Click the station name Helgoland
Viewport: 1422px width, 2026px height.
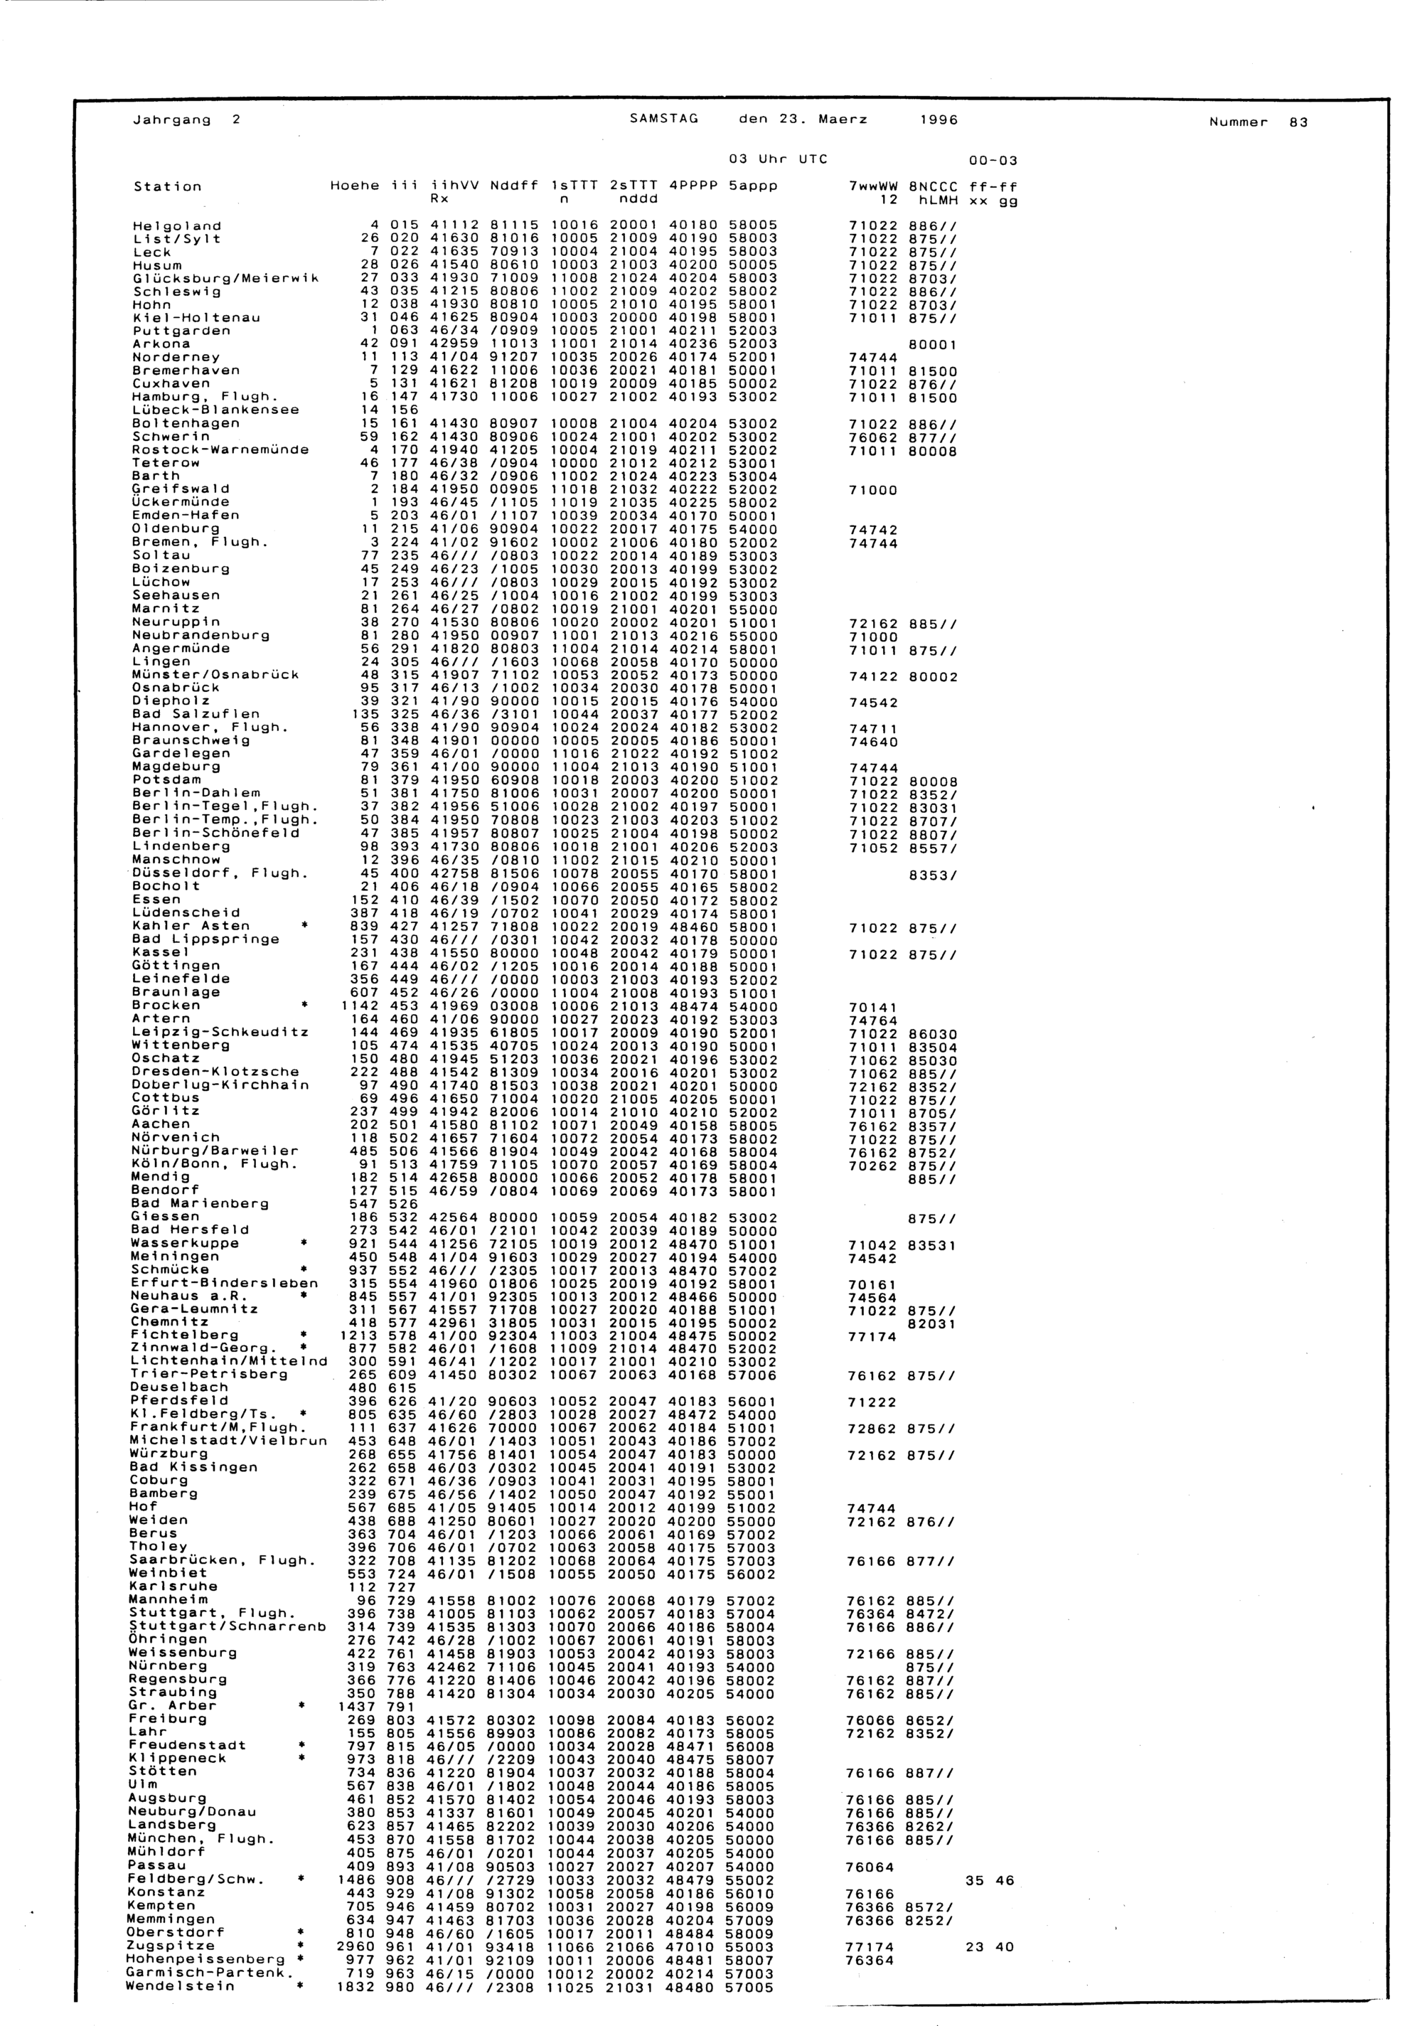(176, 226)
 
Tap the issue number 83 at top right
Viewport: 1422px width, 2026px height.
(1298, 122)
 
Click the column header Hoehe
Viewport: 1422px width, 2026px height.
(355, 186)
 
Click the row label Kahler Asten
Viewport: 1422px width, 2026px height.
(191, 926)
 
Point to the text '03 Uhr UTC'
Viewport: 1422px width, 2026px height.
(777, 160)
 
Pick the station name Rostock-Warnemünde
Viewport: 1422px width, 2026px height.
(220, 449)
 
